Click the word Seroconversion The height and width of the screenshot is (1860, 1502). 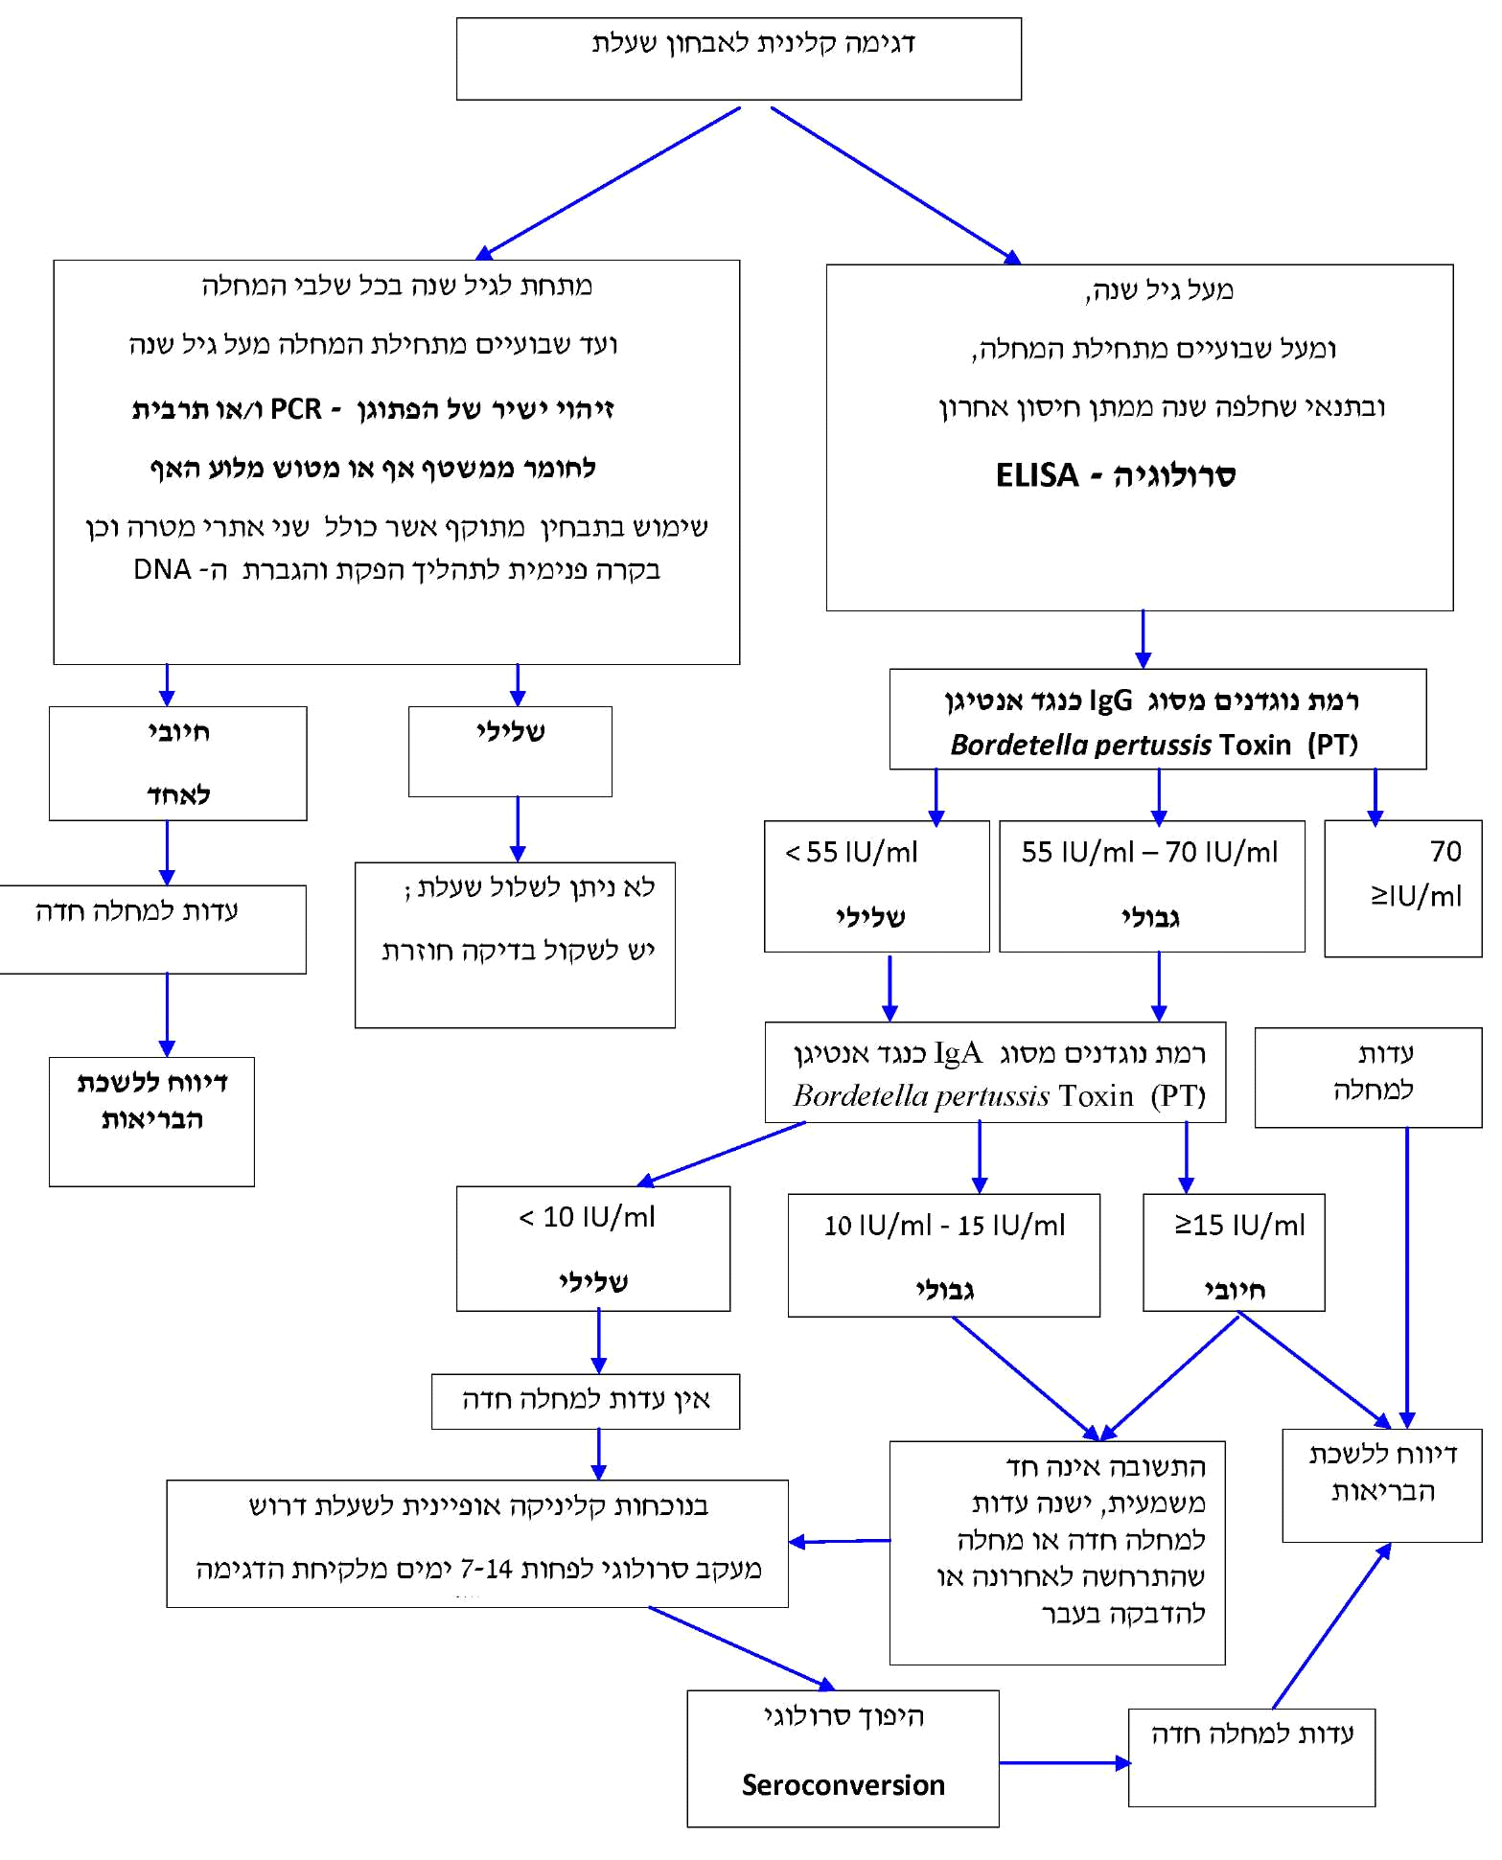pos(843,1784)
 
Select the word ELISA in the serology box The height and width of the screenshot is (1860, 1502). pos(1036,475)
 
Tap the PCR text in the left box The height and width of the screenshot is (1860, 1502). pos(295,409)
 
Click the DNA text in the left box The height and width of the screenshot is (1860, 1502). pos(162,569)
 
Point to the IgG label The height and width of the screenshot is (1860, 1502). pos(1110,700)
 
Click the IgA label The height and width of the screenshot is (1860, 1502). pos(958,1053)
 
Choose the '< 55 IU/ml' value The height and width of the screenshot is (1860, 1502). pos(851,852)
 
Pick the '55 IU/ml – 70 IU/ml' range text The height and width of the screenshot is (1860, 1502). pos(1149,852)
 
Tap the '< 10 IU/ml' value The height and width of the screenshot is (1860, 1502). pos(587,1217)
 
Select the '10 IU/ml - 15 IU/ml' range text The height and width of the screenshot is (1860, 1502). pos(944,1225)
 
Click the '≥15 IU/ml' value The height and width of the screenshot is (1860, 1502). pos(1239,1225)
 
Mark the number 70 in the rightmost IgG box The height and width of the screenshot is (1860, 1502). pos(1445,851)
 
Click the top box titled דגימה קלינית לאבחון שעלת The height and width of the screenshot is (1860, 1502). pos(738,58)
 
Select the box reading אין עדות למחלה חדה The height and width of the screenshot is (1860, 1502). pos(585,1401)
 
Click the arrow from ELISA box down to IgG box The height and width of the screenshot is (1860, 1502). pos(1143,639)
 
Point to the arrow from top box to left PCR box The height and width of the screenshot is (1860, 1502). pos(610,182)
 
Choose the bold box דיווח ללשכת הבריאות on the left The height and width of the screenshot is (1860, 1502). pos(151,1121)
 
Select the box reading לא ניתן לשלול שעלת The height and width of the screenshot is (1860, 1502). pos(515,944)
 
